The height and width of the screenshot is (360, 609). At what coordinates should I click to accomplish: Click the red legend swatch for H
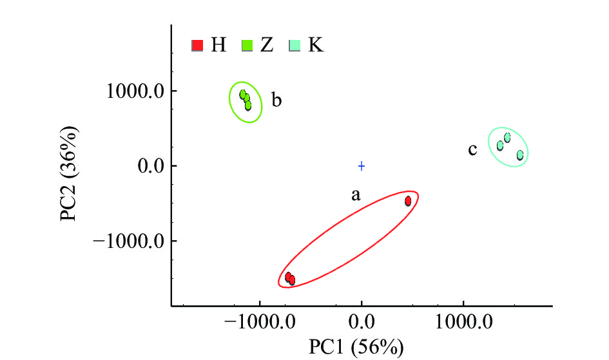pos(198,46)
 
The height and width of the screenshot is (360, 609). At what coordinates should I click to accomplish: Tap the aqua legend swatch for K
pos(294,46)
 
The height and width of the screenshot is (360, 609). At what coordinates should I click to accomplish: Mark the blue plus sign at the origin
pos(362,166)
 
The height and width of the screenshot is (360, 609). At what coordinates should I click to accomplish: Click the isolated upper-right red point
pos(408,201)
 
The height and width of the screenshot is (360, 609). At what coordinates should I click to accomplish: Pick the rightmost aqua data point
pos(519,155)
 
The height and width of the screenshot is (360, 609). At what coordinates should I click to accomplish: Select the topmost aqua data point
pos(507,137)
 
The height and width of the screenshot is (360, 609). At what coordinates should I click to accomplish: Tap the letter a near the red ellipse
pos(355,195)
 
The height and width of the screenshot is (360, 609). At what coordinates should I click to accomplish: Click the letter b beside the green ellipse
pos(276,100)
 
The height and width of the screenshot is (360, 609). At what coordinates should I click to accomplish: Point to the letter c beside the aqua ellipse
pos(472,151)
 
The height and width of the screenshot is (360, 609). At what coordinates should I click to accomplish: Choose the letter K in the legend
pos(316,46)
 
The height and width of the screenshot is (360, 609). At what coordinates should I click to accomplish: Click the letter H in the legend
pos(218,46)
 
